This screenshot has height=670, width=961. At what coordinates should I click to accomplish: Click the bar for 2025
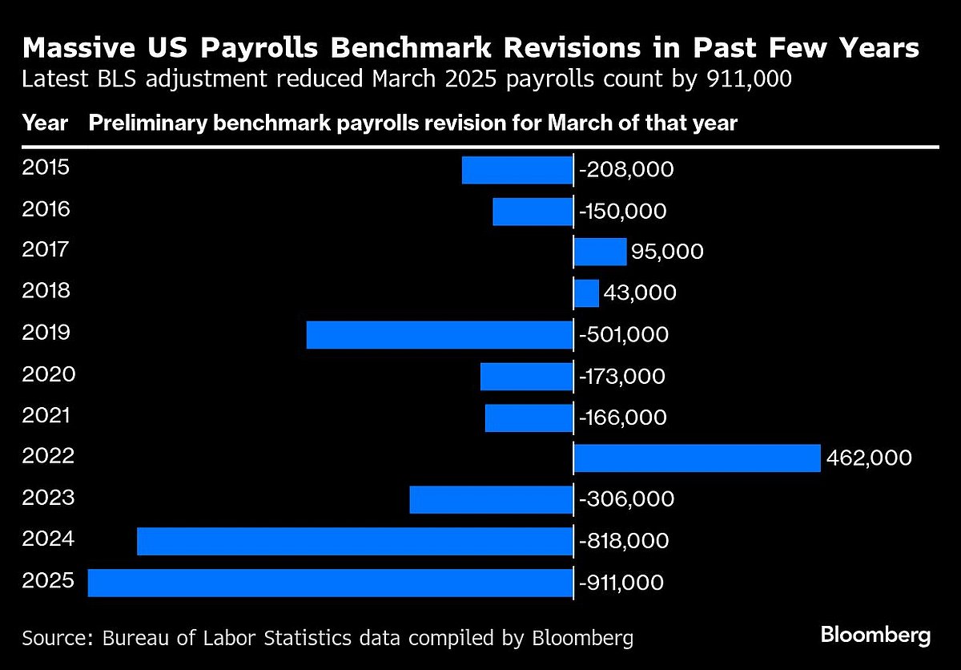coord(330,583)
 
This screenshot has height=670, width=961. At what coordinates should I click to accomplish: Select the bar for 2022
coord(697,458)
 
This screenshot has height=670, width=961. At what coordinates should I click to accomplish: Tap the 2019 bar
coord(440,335)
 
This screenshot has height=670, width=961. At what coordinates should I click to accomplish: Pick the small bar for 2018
coord(586,293)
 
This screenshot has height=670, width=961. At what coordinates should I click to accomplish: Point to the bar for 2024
coord(355,541)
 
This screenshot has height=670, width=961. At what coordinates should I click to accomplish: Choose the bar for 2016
coord(533,212)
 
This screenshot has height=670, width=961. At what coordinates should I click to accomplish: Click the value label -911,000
coord(621,583)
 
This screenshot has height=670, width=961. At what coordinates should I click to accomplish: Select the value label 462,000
coord(869,458)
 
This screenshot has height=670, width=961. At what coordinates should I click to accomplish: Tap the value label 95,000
coord(667,252)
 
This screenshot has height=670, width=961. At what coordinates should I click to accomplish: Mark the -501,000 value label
coord(622,335)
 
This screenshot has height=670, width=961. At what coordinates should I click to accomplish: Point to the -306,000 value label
coord(625,499)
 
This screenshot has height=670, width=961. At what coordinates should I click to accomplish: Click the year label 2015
coord(46,168)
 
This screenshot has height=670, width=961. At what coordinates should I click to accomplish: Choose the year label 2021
coord(46,416)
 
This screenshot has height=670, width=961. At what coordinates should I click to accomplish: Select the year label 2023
coord(48,498)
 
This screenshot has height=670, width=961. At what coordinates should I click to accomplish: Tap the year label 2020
coord(48,374)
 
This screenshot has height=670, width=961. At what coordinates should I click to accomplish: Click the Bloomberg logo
coord(875,636)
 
